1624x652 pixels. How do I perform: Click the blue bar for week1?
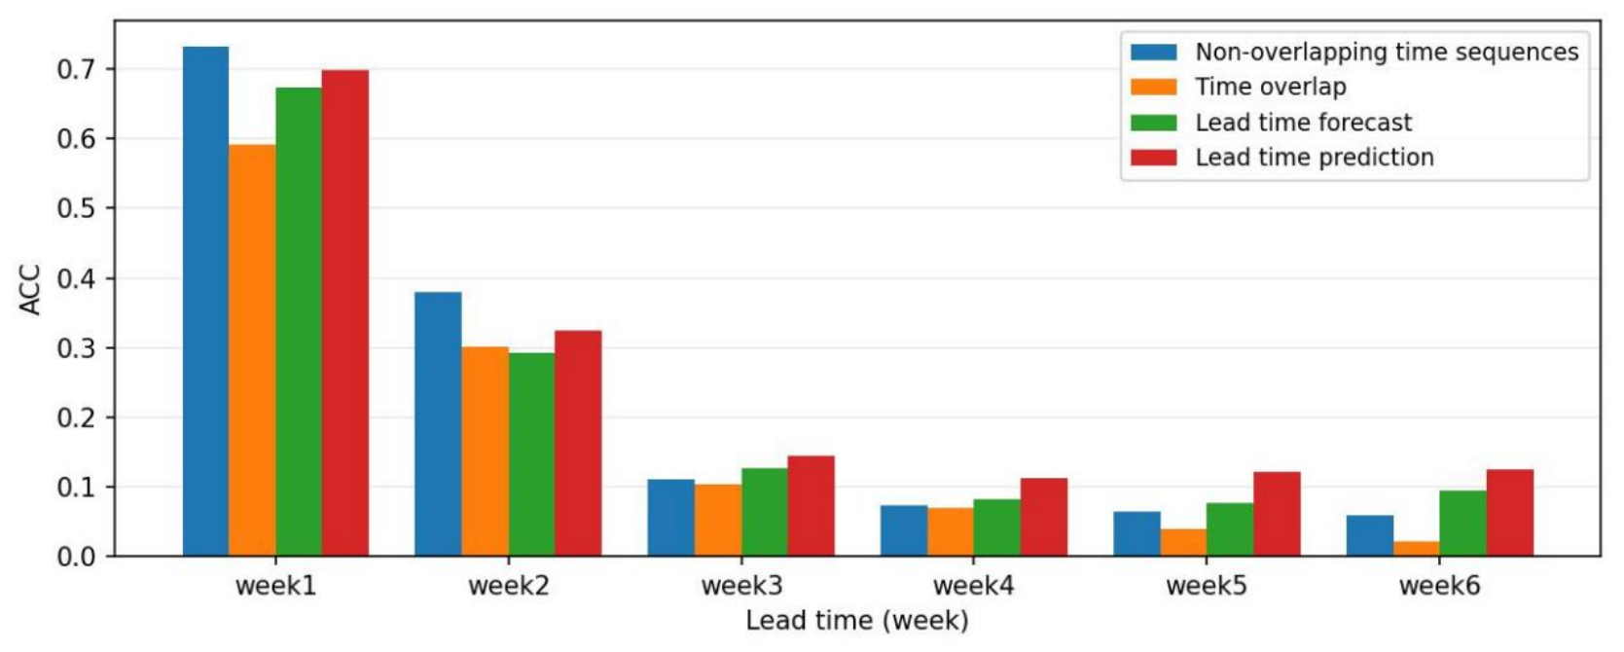click(205, 301)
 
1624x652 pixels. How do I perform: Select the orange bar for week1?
click(252, 350)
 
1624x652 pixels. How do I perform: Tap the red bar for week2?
click(579, 443)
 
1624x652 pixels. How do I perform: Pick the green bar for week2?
click(531, 454)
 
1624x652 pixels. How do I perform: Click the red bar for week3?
click(812, 506)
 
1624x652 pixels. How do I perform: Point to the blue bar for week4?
click(904, 531)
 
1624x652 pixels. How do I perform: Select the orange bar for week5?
click(1183, 542)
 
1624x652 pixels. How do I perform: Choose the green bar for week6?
click(1463, 524)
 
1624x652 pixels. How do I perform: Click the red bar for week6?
click(1510, 513)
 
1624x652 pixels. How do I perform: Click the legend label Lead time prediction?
click(1315, 158)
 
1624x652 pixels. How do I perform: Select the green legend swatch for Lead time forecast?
click(1153, 123)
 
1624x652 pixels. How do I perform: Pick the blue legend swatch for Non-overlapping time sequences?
click(1153, 53)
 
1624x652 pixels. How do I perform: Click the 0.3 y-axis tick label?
click(76, 348)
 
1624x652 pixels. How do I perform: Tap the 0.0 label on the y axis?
click(76, 557)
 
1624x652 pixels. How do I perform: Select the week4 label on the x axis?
click(974, 586)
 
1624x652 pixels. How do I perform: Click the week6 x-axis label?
click(1440, 586)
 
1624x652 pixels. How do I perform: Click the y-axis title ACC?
click(30, 289)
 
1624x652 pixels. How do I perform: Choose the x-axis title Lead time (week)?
click(857, 621)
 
